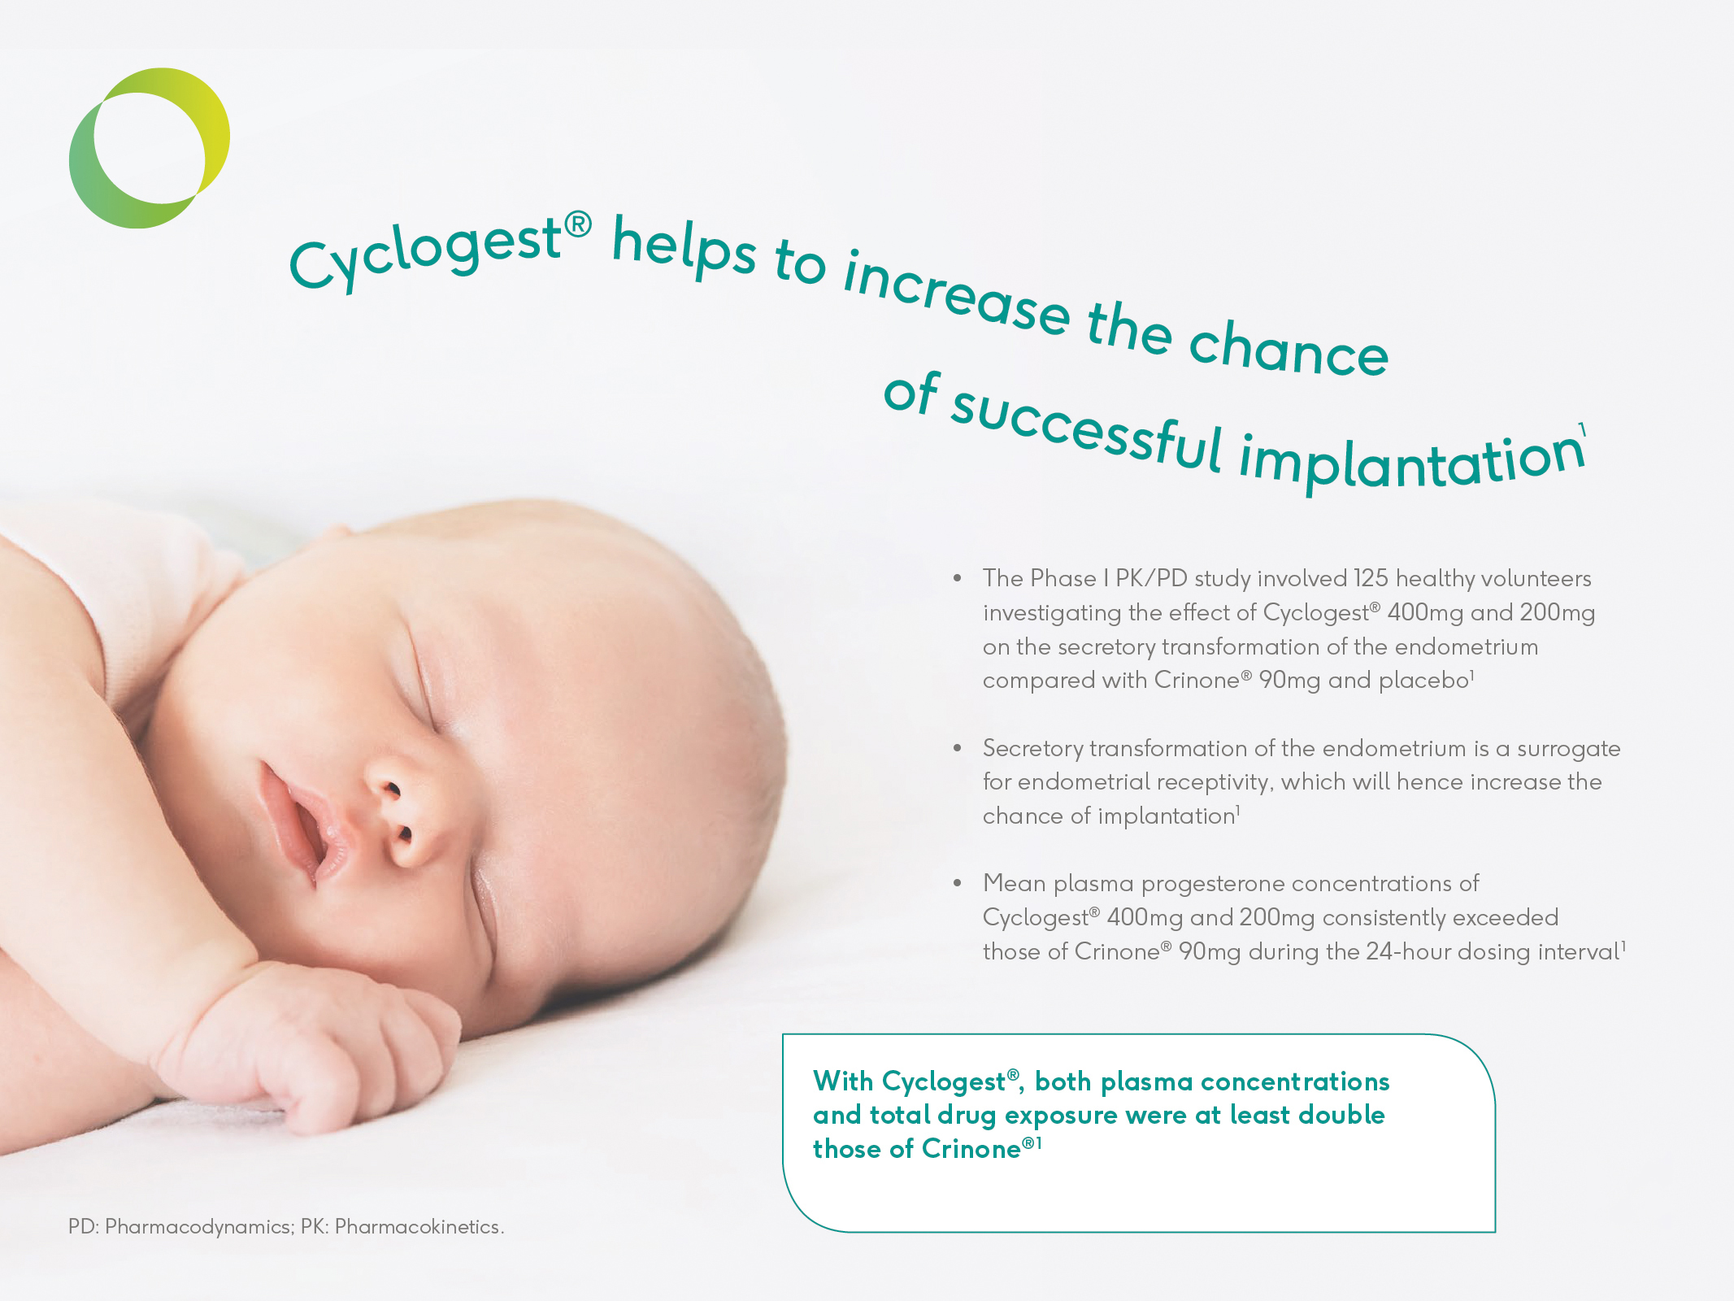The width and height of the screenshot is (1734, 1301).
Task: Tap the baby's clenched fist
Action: coord(325,1049)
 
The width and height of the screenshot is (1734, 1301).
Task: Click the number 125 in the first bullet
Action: coord(1371,578)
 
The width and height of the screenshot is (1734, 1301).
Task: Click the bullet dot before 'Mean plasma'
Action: coord(958,883)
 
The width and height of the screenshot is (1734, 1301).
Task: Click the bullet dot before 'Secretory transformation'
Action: coord(958,748)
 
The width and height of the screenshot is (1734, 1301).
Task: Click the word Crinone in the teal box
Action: coord(971,1148)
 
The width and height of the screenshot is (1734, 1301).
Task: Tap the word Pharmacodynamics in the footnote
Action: coord(199,1227)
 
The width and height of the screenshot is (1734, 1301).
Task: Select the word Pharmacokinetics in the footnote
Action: coord(418,1226)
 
